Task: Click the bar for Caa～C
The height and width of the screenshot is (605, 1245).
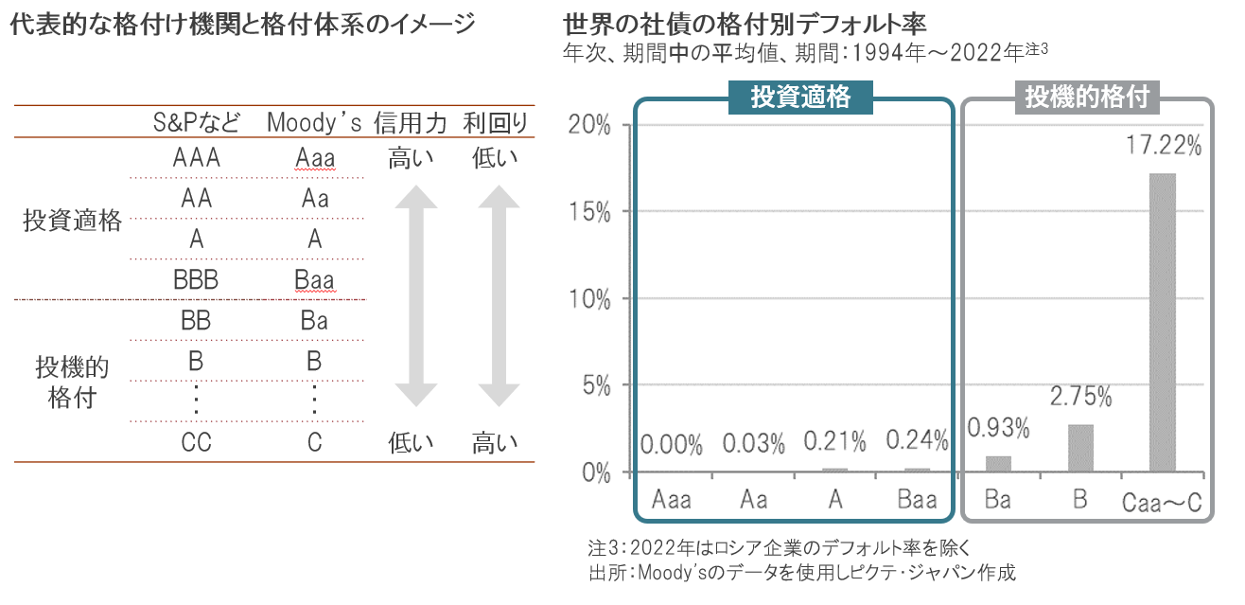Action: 1163,322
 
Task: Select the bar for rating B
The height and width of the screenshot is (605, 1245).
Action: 1080,448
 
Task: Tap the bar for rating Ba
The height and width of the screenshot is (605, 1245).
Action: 998,463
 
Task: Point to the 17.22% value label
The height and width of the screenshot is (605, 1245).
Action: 1163,147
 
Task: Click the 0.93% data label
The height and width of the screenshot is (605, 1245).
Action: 998,429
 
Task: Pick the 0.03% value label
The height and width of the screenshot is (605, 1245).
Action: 754,442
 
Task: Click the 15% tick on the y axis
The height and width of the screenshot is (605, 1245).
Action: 588,212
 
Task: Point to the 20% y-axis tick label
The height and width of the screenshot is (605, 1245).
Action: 588,125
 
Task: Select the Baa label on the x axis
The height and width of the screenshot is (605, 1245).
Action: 917,499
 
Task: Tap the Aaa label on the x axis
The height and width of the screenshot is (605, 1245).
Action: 672,499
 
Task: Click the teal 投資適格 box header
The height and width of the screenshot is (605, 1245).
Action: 800,98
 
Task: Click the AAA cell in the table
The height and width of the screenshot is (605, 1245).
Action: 197,158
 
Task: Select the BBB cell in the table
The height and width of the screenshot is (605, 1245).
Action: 197,280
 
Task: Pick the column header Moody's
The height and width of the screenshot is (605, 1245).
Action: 314,123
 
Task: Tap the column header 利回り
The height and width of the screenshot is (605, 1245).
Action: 495,123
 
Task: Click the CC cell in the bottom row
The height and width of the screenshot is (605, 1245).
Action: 196,442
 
